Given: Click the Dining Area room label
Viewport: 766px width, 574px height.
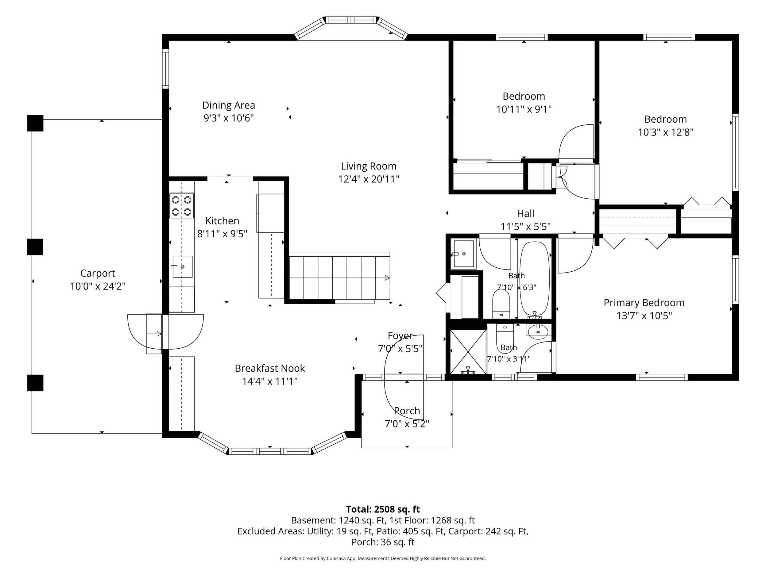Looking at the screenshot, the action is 229,105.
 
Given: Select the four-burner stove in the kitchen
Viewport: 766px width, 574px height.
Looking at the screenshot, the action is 182,205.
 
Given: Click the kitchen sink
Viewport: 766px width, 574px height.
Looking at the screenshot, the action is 183,266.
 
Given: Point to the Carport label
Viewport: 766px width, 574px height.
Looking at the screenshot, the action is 98,273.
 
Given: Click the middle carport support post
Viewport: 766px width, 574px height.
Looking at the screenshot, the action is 35,247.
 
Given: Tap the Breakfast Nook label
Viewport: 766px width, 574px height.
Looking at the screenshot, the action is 270,368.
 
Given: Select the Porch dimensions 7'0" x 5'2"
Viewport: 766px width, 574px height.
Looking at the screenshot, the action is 407,424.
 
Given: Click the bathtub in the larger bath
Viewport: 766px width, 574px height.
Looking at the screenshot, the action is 534,280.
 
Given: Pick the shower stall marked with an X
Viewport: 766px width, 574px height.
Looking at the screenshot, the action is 468,351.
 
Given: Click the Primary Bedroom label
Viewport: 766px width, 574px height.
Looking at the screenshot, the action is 644,303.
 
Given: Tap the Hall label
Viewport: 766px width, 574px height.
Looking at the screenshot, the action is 526,213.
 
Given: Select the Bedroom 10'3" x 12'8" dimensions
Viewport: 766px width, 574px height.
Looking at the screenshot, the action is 666,132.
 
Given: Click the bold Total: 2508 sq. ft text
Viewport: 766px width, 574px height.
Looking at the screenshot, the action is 383,509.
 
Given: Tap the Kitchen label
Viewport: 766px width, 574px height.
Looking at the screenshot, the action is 222,221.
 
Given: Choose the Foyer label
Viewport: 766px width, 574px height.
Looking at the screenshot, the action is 400,336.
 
